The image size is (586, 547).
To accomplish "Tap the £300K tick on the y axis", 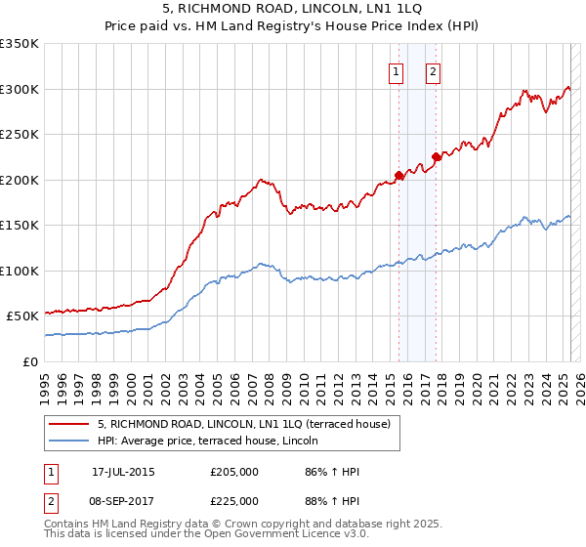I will (x=20, y=89).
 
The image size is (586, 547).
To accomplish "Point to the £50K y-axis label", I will (x=22, y=316).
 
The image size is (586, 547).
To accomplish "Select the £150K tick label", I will (x=20, y=226).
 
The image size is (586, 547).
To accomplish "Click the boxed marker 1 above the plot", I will (x=397, y=70).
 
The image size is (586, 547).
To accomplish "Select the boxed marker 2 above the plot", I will (x=433, y=70).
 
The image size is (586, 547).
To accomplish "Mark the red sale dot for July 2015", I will (x=398, y=176).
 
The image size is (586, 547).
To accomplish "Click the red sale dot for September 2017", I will (x=436, y=157).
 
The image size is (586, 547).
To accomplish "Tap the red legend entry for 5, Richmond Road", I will (x=244, y=424).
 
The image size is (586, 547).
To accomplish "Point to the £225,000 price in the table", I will (x=234, y=501).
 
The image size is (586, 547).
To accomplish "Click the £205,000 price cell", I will (x=234, y=473).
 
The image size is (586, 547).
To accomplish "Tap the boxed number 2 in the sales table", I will (x=51, y=501).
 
